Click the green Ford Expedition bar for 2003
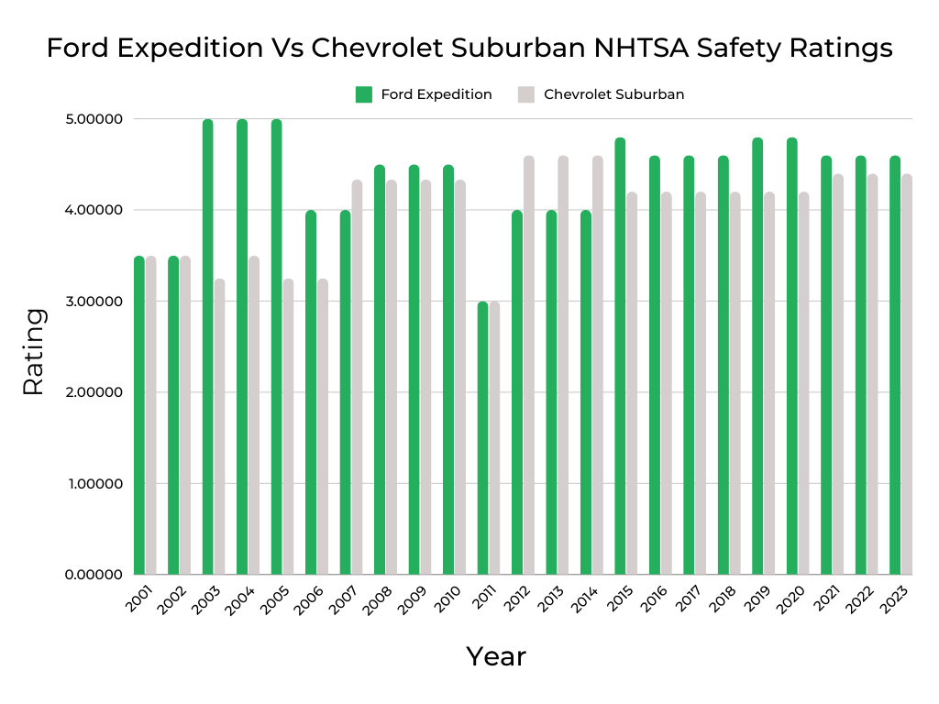pos(208,348)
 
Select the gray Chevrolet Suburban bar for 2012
pos(529,367)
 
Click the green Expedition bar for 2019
pos(758,357)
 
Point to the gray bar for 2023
pos(907,376)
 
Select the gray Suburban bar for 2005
pos(288,427)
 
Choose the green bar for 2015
pos(621,357)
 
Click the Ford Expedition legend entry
pos(425,94)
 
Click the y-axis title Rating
pos(33,352)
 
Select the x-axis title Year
pos(496,656)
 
